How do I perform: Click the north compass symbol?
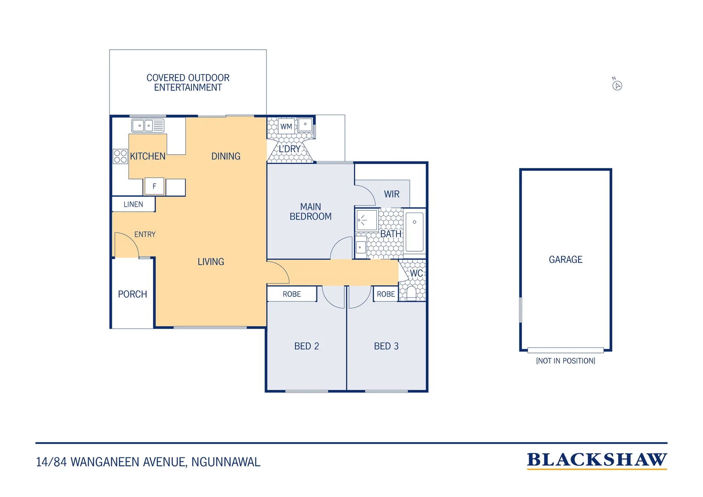click(x=617, y=86)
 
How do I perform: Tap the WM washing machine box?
click(x=286, y=126)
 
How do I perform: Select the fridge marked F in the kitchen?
click(x=154, y=186)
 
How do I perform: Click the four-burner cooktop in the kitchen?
click(x=120, y=156)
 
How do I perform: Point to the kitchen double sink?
click(x=148, y=126)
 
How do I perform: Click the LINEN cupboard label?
click(x=133, y=204)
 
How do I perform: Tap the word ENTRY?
click(x=145, y=234)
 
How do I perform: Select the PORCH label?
click(x=133, y=294)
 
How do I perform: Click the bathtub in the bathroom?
click(x=415, y=232)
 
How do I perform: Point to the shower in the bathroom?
click(x=367, y=220)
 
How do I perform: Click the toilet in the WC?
click(x=411, y=293)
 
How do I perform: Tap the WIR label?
click(x=392, y=194)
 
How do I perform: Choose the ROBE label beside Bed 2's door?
click(x=292, y=294)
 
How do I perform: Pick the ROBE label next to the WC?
click(x=386, y=294)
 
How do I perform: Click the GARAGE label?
click(x=565, y=260)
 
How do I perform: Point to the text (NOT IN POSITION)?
click(x=565, y=361)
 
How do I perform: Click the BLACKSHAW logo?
click(x=597, y=461)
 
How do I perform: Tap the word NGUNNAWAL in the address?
click(x=226, y=462)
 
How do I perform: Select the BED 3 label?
click(x=386, y=346)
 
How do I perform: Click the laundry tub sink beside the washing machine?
click(x=305, y=125)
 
